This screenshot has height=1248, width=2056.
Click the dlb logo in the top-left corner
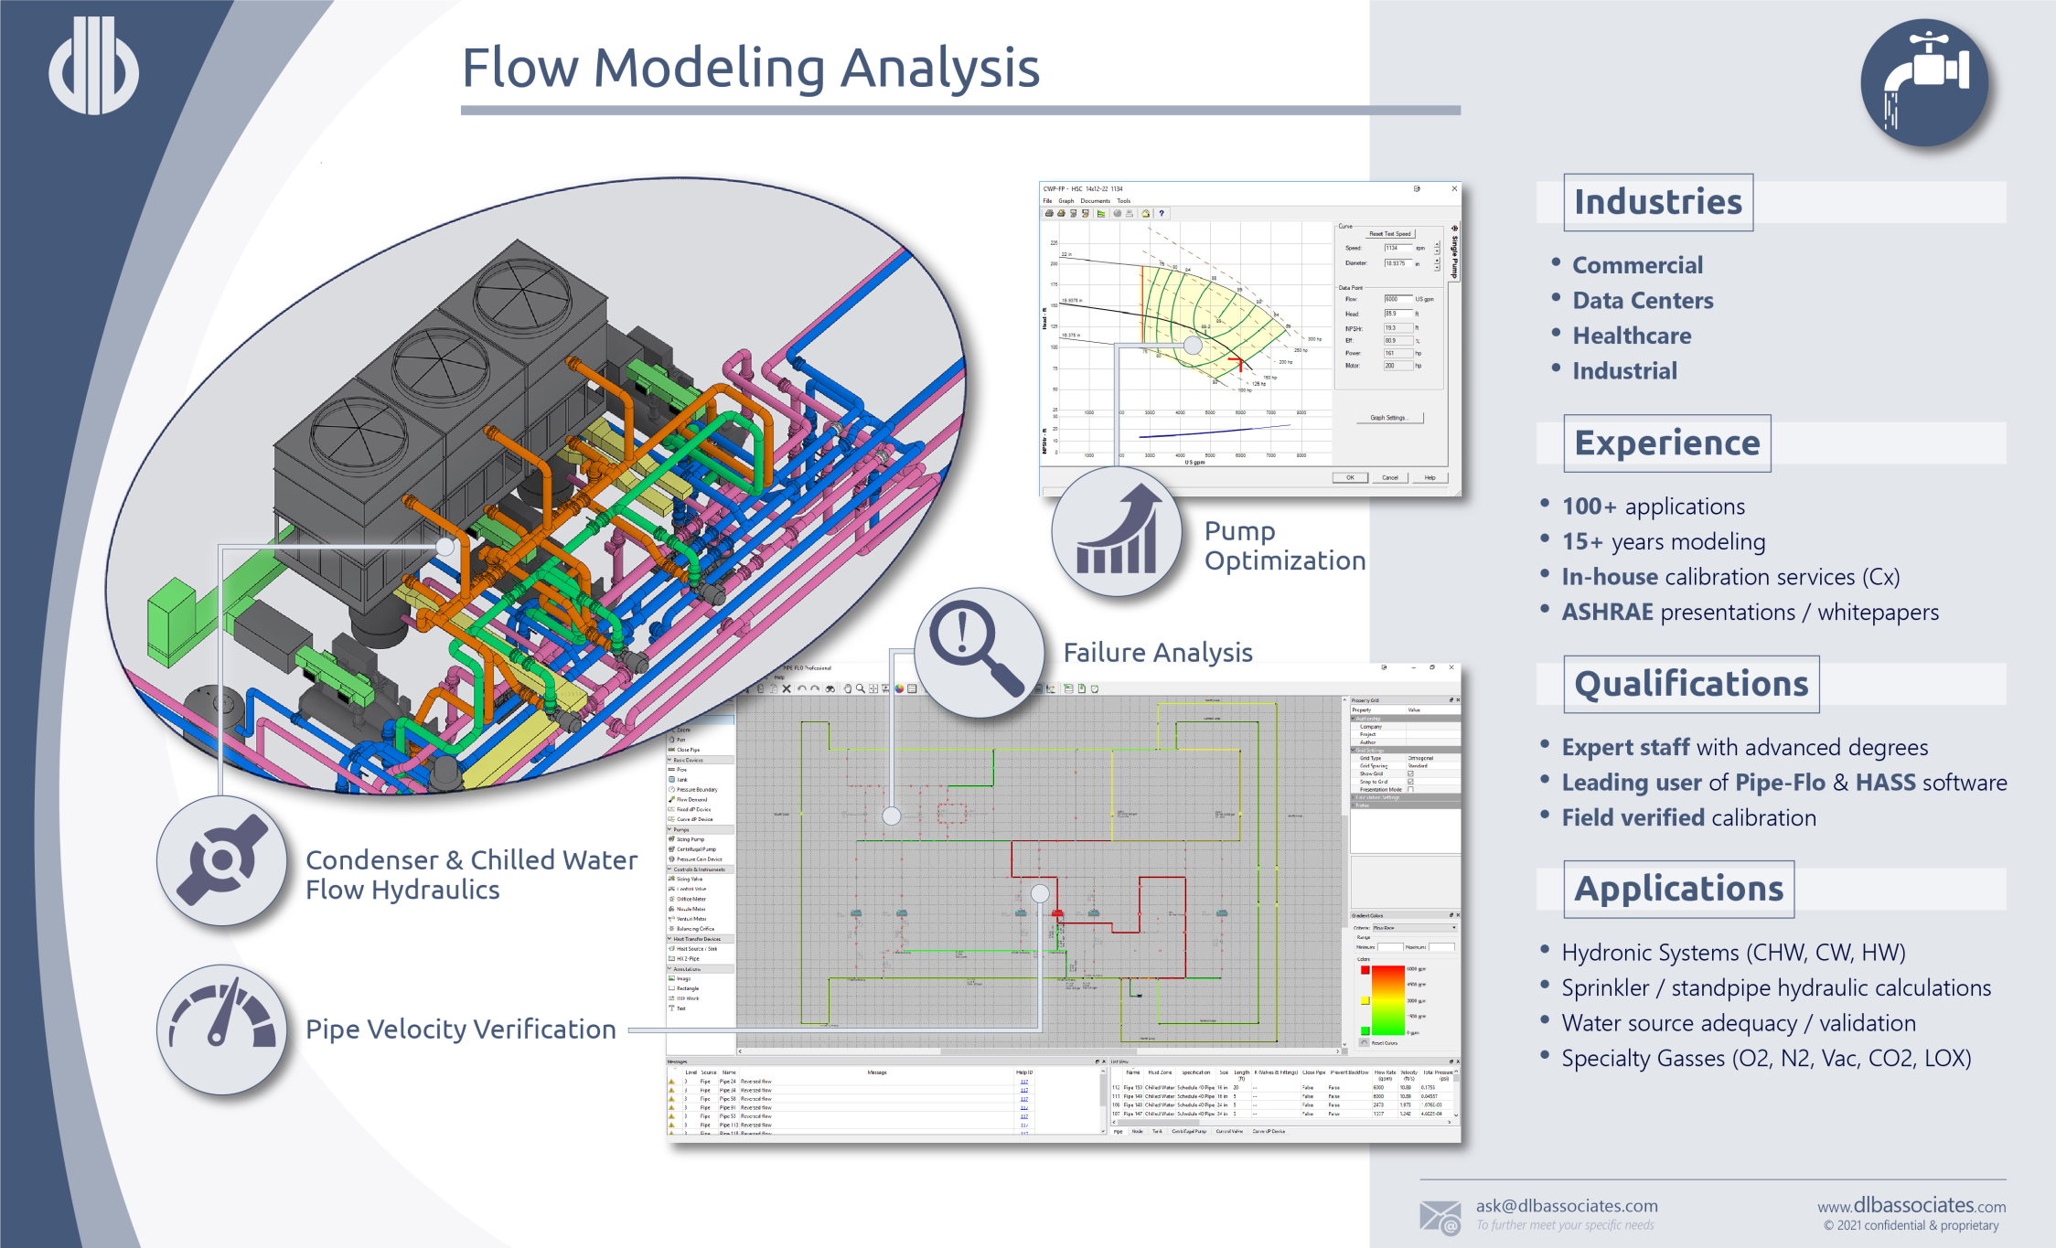[x=93, y=66]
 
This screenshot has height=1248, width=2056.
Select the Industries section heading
[x=1657, y=202]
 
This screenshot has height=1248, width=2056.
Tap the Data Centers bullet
[x=1643, y=301]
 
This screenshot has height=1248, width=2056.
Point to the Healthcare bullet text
[x=1632, y=336]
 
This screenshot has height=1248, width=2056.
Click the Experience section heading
[x=1666, y=443]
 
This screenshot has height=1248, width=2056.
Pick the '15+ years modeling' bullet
[x=1663, y=541]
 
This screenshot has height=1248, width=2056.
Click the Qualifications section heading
[x=1691, y=684]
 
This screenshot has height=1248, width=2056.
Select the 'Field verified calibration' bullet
[x=1688, y=817]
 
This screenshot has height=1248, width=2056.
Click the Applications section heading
[x=1678, y=889]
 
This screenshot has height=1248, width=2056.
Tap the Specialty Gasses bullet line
[x=1765, y=1058]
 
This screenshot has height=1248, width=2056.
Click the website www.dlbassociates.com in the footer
[x=1911, y=1206]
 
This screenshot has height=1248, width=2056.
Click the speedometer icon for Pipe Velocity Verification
[x=222, y=1029]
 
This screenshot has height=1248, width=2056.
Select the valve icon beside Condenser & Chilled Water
[x=222, y=860]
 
